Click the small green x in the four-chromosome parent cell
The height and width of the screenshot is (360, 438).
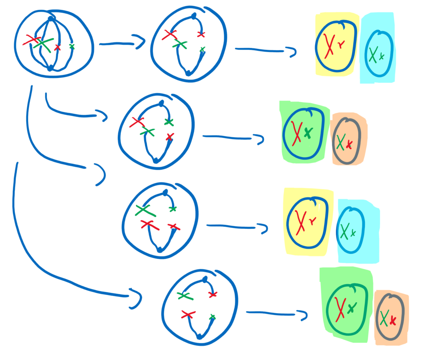tap(71, 46)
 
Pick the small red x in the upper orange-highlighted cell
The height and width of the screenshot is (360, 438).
tap(349, 144)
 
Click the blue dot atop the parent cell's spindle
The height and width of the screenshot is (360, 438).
tap(52, 19)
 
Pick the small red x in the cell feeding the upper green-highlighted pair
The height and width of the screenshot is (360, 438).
tap(170, 137)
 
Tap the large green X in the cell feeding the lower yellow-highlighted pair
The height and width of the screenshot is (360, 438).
tap(143, 210)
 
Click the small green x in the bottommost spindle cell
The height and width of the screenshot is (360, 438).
tap(213, 317)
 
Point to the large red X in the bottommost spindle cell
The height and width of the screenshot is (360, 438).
tap(188, 314)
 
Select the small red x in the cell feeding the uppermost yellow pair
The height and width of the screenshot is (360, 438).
tap(201, 34)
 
